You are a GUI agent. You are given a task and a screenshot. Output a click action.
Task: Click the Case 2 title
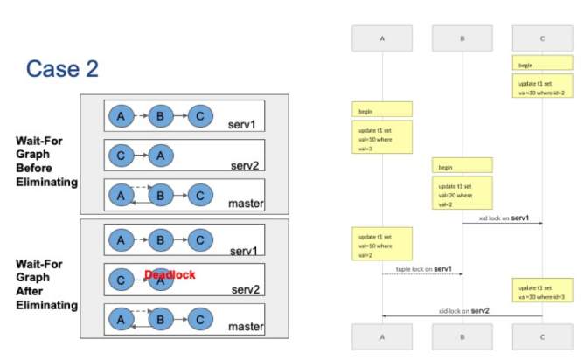pyautogui.click(x=62, y=68)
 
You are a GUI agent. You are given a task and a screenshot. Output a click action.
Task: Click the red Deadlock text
pyautogui.click(x=170, y=274)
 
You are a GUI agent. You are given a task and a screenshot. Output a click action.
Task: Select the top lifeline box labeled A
pyautogui.click(x=382, y=38)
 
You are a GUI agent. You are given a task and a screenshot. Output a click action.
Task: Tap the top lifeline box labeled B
pyautogui.click(x=462, y=38)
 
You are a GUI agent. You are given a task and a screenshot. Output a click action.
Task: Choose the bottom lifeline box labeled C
pyautogui.click(x=542, y=336)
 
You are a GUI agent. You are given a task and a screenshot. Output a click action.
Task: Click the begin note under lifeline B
pyautogui.click(x=462, y=166)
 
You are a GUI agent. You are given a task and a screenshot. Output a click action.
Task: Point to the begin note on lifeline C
pyautogui.click(x=542, y=64)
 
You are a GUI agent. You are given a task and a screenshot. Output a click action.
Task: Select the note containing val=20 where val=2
pyautogui.click(x=462, y=193)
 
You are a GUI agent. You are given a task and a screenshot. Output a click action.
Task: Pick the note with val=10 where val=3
pyautogui.click(x=382, y=137)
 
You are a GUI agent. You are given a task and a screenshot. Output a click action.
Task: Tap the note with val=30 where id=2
pyautogui.click(x=542, y=87)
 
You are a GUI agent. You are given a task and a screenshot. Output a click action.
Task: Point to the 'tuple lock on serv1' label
pyautogui.click(x=423, y=268)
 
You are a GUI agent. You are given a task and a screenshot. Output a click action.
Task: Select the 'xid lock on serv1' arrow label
pyautogui.click(x=504, y=218)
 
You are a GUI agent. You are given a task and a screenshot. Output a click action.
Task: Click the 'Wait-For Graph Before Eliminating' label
pyautogui.click(x=46, y=161)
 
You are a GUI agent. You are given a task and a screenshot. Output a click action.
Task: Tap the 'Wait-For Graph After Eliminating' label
pyautogui.click(x=46, y=283)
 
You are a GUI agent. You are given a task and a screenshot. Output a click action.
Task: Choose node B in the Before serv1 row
pyautogui.click(x=160, y=114)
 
